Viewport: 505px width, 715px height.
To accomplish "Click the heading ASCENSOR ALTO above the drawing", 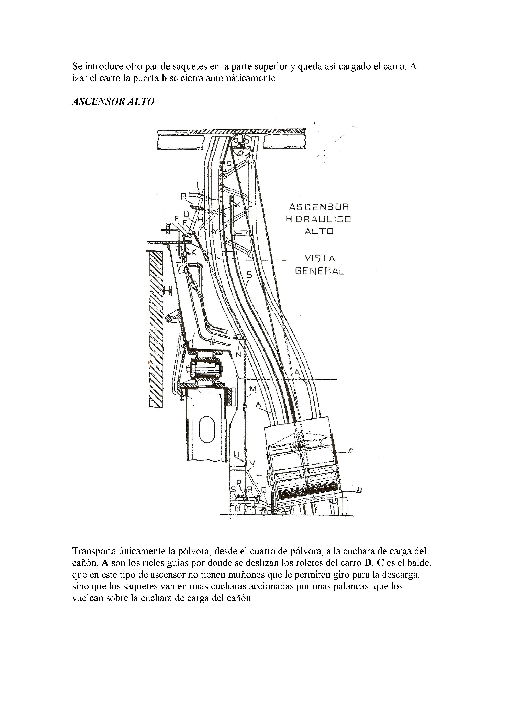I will (113, 102).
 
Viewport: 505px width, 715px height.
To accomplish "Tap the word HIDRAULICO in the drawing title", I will (318, 219).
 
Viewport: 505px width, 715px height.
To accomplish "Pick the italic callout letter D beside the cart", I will (359, 490).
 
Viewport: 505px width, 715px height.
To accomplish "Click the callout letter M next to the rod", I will (253, 389).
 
